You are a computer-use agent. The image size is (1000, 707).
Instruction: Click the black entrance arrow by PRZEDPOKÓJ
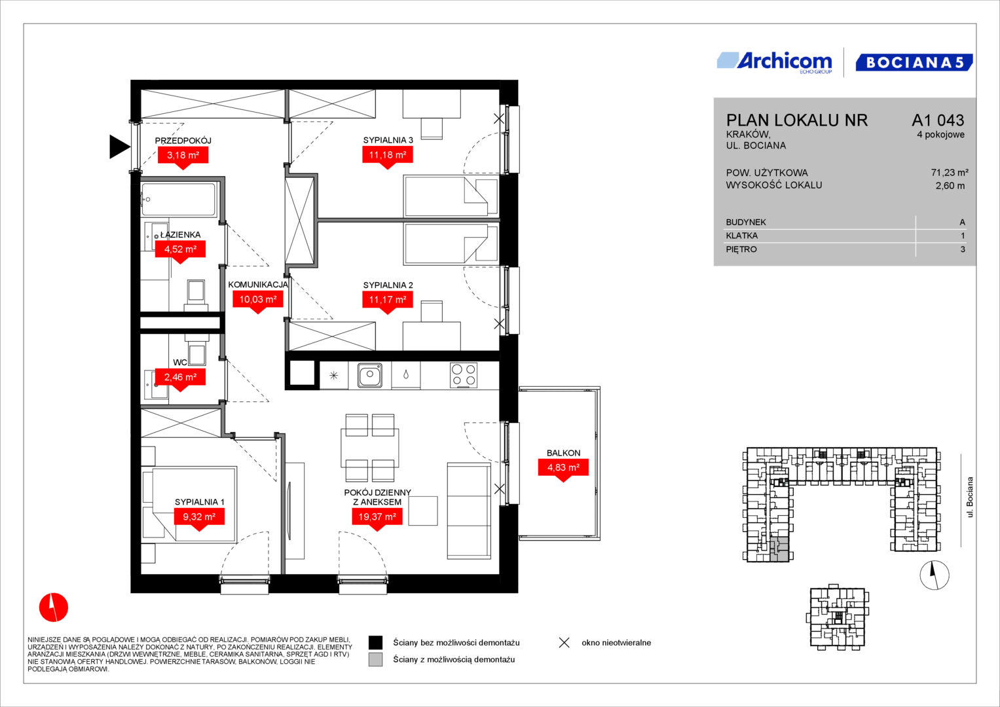click(119, 147)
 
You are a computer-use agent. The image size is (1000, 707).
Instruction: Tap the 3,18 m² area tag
click(183, 156)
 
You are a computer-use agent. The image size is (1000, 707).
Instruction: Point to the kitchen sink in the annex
click(369, 374)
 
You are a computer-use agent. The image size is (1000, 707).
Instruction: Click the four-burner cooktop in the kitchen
click(464, 375)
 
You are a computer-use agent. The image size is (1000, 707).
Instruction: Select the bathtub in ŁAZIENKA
click(179, 200)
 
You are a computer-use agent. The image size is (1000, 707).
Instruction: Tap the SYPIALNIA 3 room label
click(388, 140)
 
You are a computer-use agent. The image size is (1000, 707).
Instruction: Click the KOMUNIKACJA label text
click(258, 285)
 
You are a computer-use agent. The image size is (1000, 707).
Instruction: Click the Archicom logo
click(775, 63)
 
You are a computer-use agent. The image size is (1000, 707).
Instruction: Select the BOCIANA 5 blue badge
click(914, 62)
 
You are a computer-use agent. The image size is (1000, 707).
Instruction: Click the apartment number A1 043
click(938, 120)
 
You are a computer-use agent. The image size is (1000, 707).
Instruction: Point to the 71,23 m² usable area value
click(950, 172)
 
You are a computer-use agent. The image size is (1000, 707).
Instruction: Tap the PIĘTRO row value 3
click(963, 249)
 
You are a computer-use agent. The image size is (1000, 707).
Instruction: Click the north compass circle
click(935, 575)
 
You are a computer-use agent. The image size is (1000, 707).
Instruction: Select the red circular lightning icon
click(54, 607)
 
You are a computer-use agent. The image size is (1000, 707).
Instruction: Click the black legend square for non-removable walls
click(375, 643)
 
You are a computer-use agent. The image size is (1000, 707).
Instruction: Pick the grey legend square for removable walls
click(375, 660)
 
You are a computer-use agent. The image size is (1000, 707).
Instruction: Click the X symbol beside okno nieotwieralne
click(565, 643)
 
